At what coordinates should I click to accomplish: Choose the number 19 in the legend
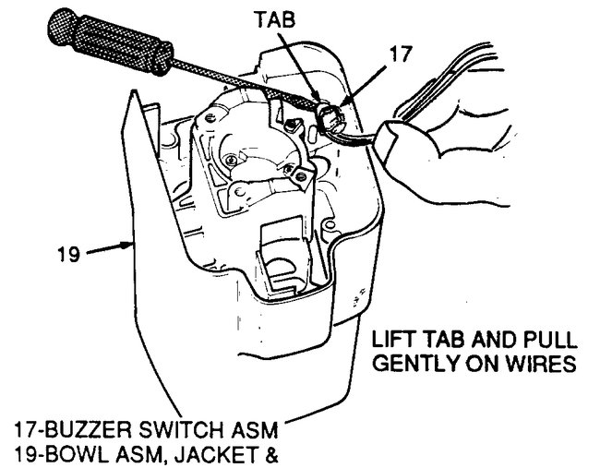point(27,452)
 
